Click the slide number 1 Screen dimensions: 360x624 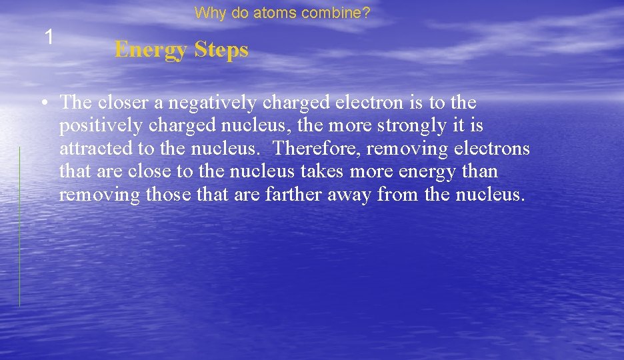(49, 37)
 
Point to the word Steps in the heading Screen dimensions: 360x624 (222, 49)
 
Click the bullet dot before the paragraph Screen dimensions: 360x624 (43, 103)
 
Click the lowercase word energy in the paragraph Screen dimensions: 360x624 (428, 172)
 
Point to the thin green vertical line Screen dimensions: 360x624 (19, 227)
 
